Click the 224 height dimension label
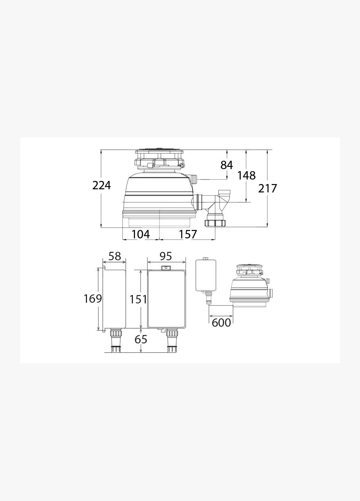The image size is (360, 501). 102,185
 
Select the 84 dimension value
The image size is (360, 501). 227,165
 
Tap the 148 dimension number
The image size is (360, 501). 246,175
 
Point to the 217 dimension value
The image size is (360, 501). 267,188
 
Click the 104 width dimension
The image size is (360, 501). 141,234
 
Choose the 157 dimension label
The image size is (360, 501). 188,234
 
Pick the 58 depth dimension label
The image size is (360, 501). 114,256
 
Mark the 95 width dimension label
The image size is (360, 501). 166,256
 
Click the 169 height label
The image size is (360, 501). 93,299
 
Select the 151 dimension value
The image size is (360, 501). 138,299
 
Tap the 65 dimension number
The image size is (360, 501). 141,339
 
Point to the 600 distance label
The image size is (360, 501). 221,323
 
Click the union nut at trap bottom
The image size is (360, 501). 215,223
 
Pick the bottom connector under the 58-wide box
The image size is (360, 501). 115,341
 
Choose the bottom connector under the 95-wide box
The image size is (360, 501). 172,341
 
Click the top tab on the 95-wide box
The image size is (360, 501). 166,268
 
